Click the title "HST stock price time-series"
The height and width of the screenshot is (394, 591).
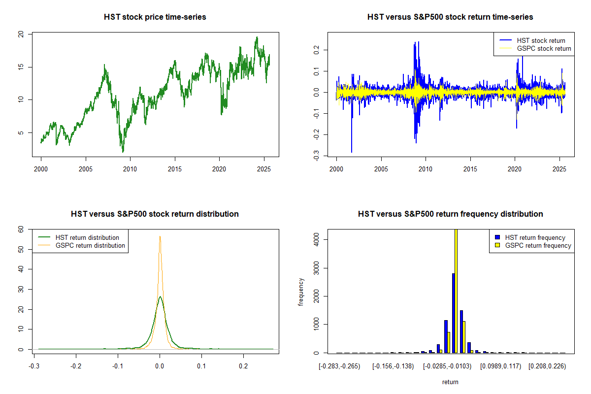pos(155,17)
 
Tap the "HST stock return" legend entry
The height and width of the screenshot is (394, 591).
pos(541,40)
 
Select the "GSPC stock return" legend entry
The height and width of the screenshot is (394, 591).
pos(544,48)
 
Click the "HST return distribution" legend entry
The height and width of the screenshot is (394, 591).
pos(87,237)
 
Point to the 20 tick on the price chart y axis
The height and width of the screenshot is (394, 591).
pos(21,34)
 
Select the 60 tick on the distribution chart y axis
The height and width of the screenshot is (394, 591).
pos(21,229)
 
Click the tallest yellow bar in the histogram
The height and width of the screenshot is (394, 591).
pos(456,291)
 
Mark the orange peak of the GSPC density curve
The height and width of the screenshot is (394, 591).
pos(160,236)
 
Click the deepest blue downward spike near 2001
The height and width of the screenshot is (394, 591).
pos(352,152)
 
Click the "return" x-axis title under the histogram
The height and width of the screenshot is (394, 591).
pos(450,382)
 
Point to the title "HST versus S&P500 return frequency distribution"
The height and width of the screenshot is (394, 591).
pos(450,214)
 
